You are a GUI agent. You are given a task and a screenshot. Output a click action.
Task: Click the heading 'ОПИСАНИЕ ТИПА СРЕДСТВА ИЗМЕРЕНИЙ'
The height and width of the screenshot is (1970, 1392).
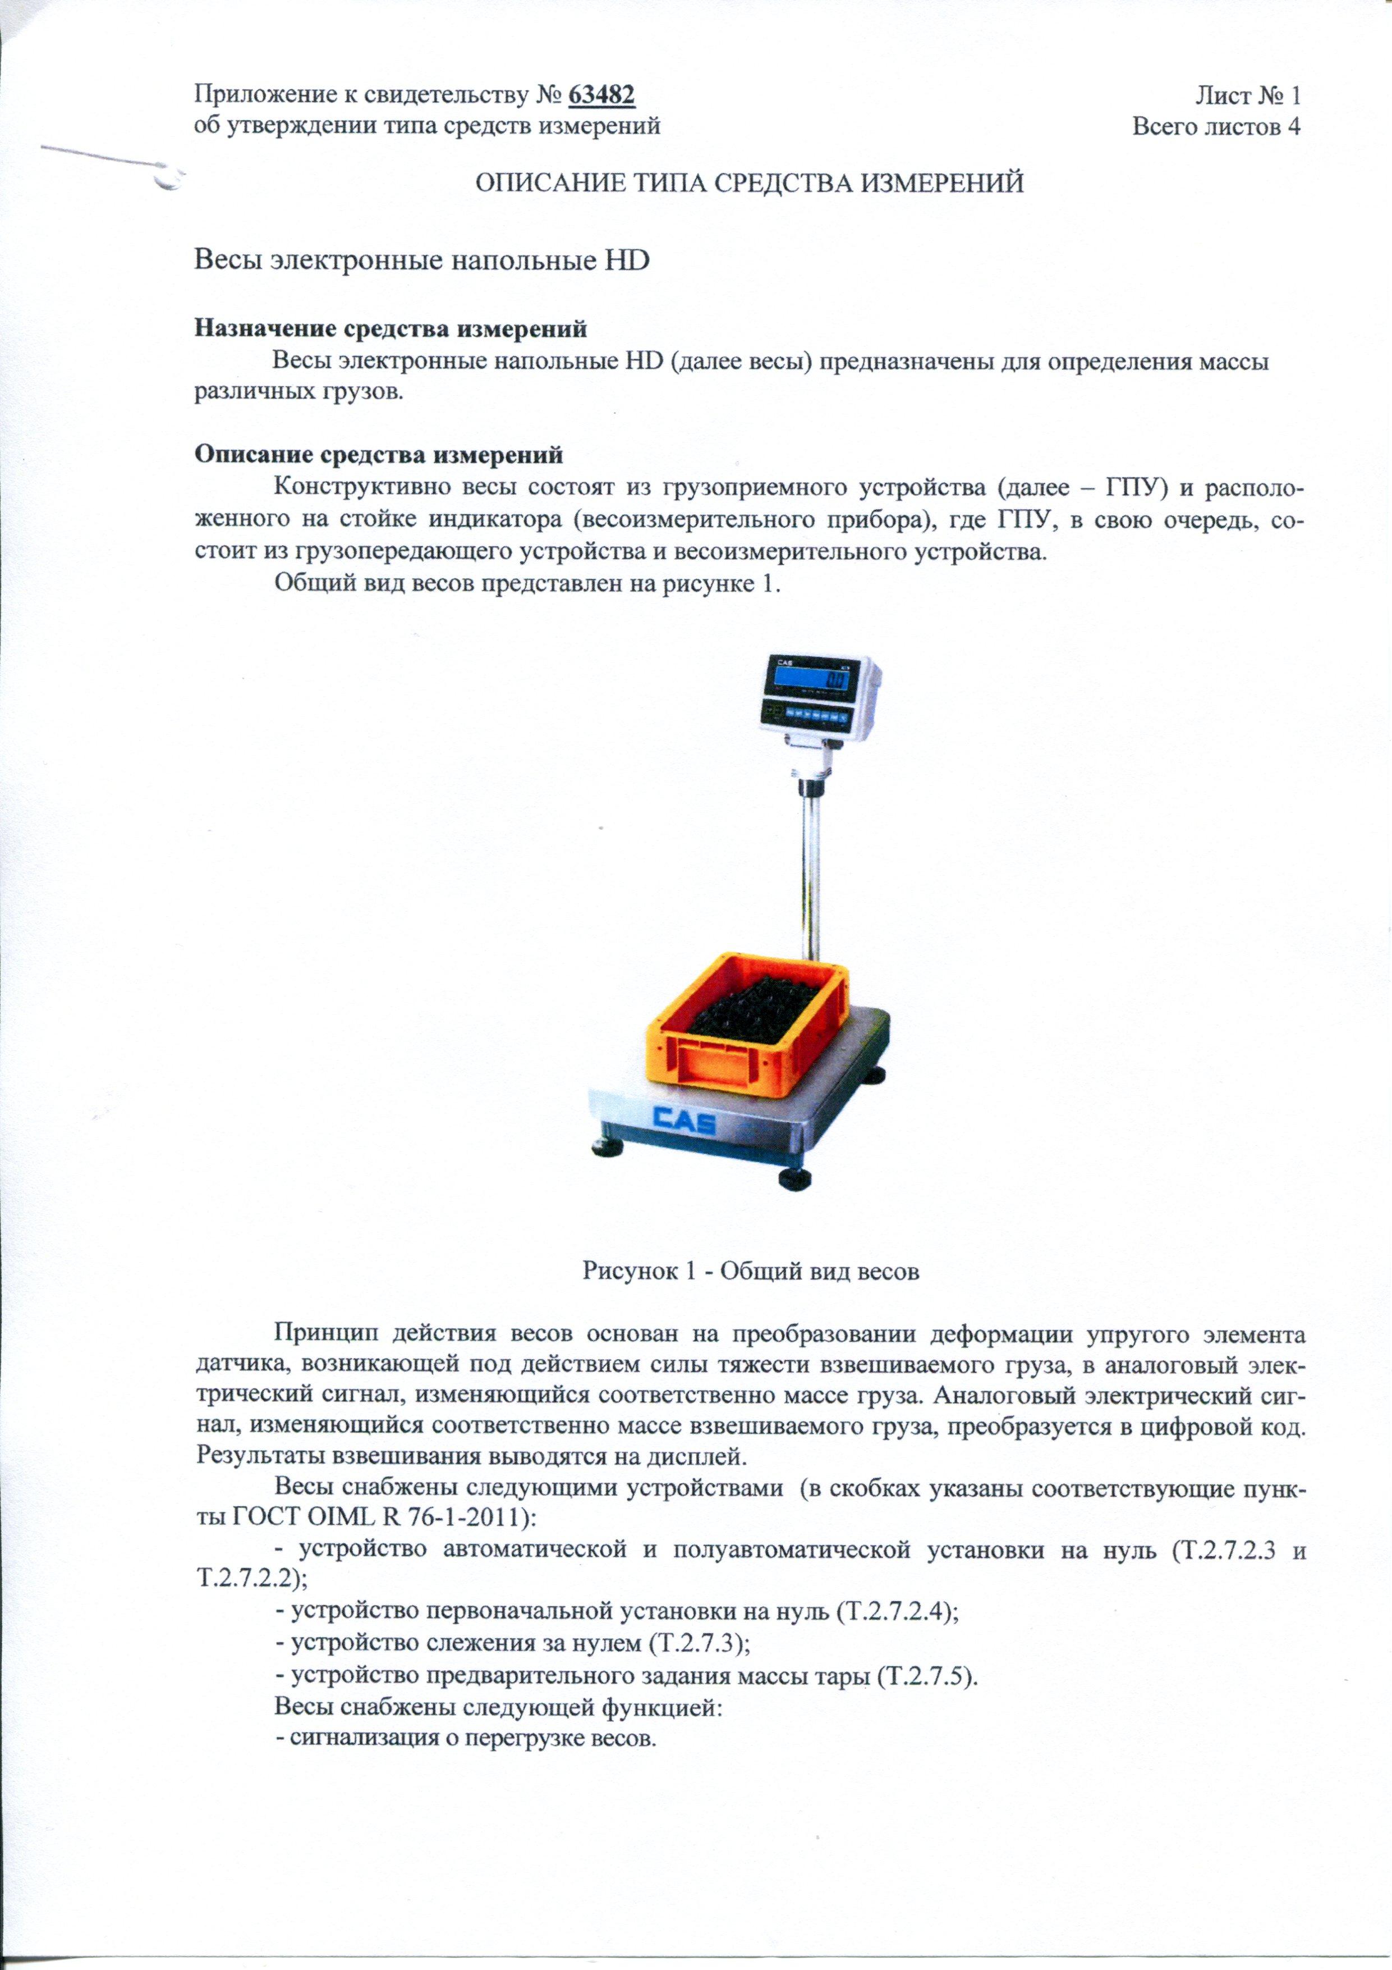(750, 184)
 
